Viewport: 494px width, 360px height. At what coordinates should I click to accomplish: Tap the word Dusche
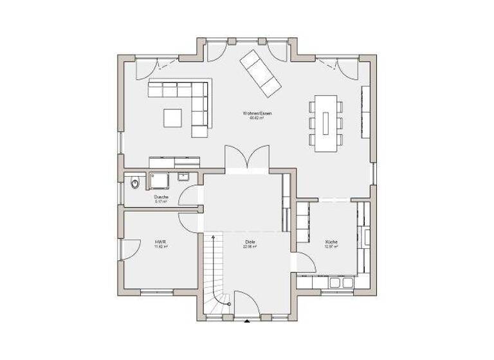161,197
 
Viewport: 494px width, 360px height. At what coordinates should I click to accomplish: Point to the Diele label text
250,242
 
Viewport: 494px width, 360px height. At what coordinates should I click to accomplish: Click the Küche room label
331,242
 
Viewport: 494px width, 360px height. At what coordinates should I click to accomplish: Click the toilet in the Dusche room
134,184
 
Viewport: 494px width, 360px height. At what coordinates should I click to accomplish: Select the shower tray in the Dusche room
159,179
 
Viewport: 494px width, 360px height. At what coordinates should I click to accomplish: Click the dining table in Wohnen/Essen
325,123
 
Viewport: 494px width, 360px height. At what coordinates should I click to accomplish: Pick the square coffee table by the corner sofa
172,118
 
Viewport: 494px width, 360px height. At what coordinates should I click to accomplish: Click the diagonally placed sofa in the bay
260,71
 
